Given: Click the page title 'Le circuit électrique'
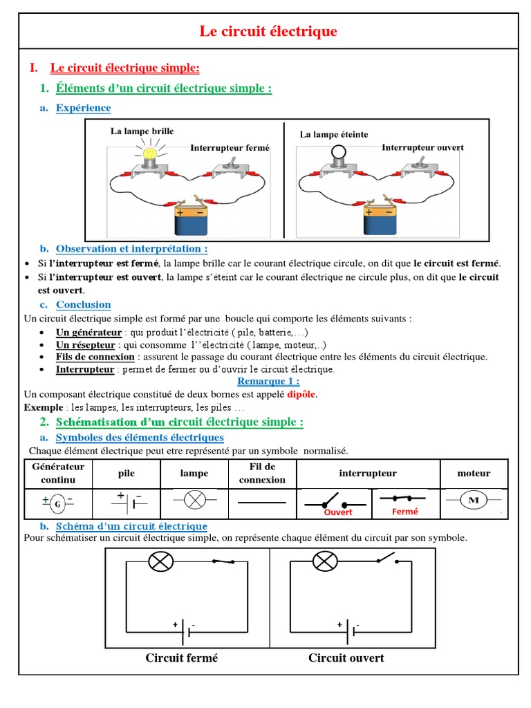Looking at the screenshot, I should [x=268, y=31].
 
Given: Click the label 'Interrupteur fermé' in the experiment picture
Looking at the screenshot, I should [x=230, y=148].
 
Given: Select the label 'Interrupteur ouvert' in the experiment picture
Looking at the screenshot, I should [x=422, y=147].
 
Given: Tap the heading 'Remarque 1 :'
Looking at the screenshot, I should [x=268, y=381].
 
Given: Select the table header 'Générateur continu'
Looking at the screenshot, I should [x=58, y=473].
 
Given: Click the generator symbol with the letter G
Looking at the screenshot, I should [x=57, y=503].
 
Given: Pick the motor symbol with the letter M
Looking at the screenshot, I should [x=474, y=501].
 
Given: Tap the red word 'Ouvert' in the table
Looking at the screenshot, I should [x=338, y=512].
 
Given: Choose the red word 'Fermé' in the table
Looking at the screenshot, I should [x=405, y=512].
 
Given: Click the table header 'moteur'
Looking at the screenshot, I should [x=474, y=474].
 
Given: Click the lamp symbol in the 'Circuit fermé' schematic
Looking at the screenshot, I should [x=162, y=561].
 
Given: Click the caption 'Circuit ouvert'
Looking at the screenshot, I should [x=346, y=658].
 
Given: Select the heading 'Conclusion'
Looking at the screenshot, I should [x=83, y=304].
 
